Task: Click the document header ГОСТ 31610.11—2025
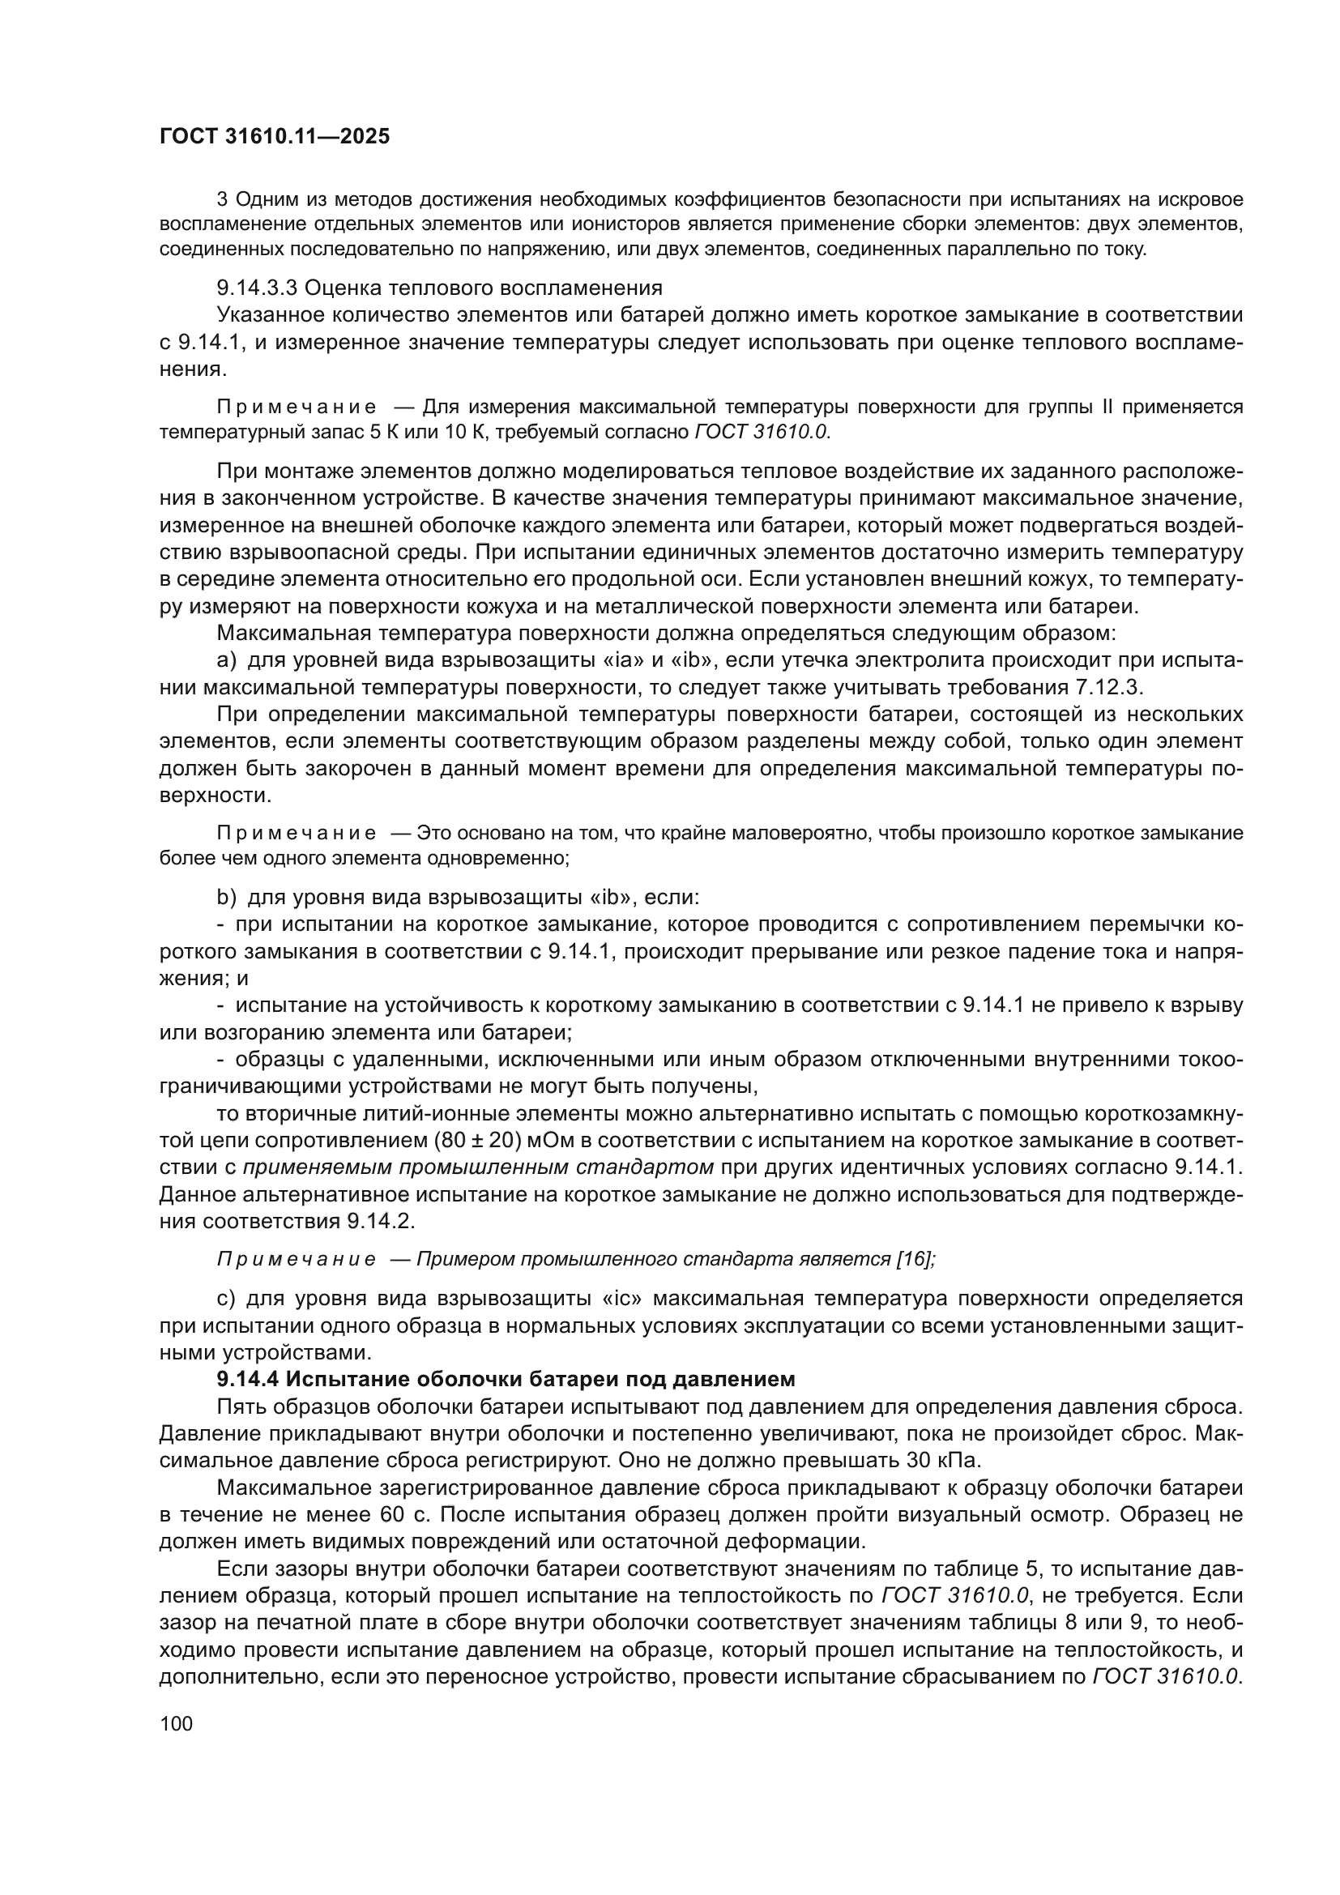(274, 137)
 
